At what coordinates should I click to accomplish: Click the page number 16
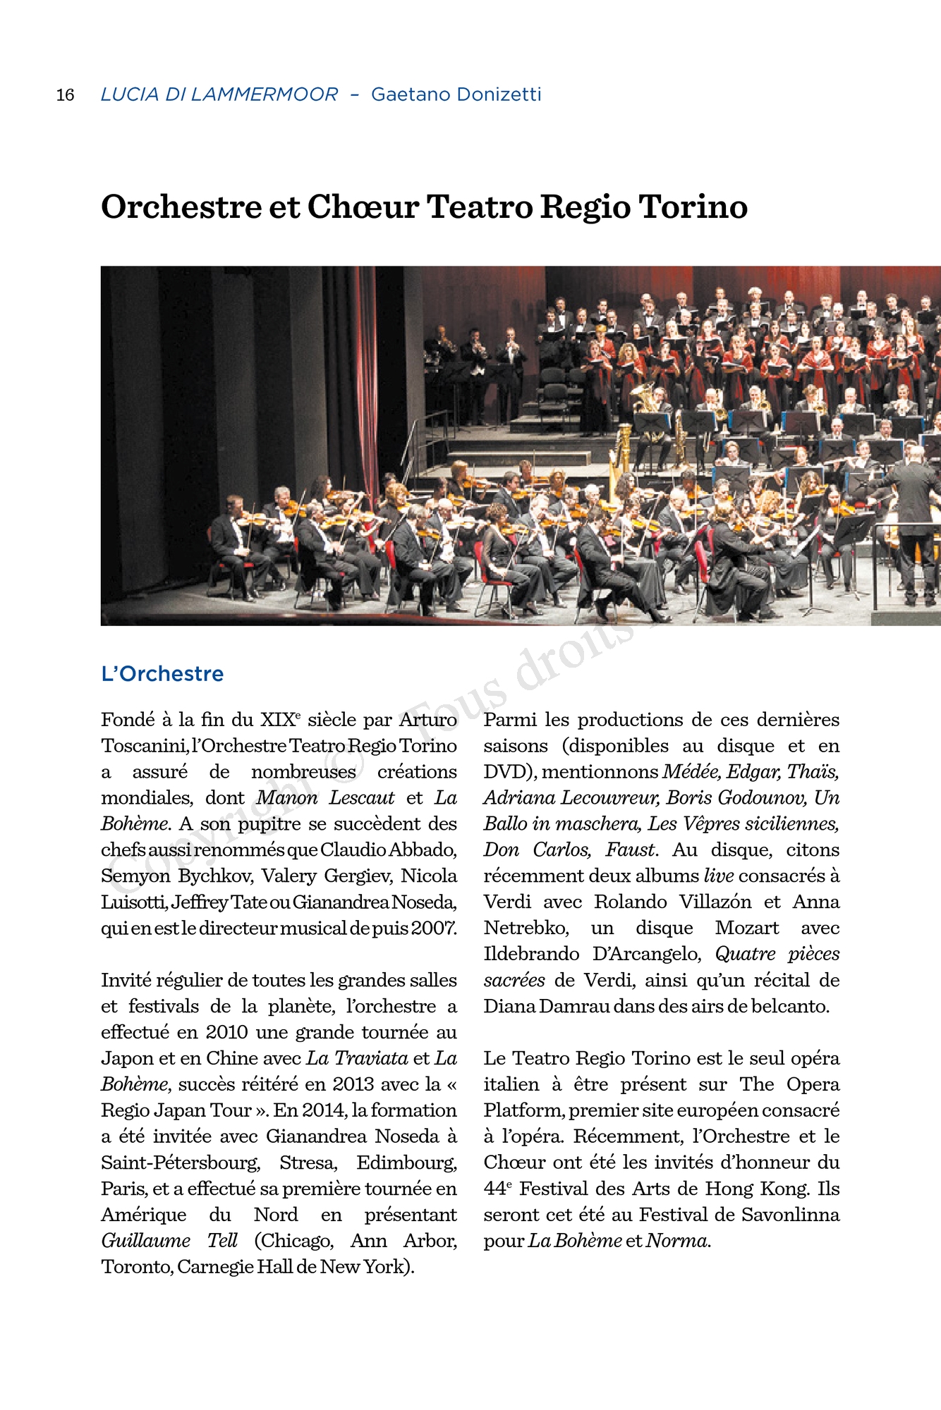(65, 94)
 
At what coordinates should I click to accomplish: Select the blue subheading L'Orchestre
(162, 674)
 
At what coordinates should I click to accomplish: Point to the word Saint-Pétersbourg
(181, 1163)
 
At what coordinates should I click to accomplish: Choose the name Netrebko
(526, 928)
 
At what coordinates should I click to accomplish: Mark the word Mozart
(747, 928)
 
